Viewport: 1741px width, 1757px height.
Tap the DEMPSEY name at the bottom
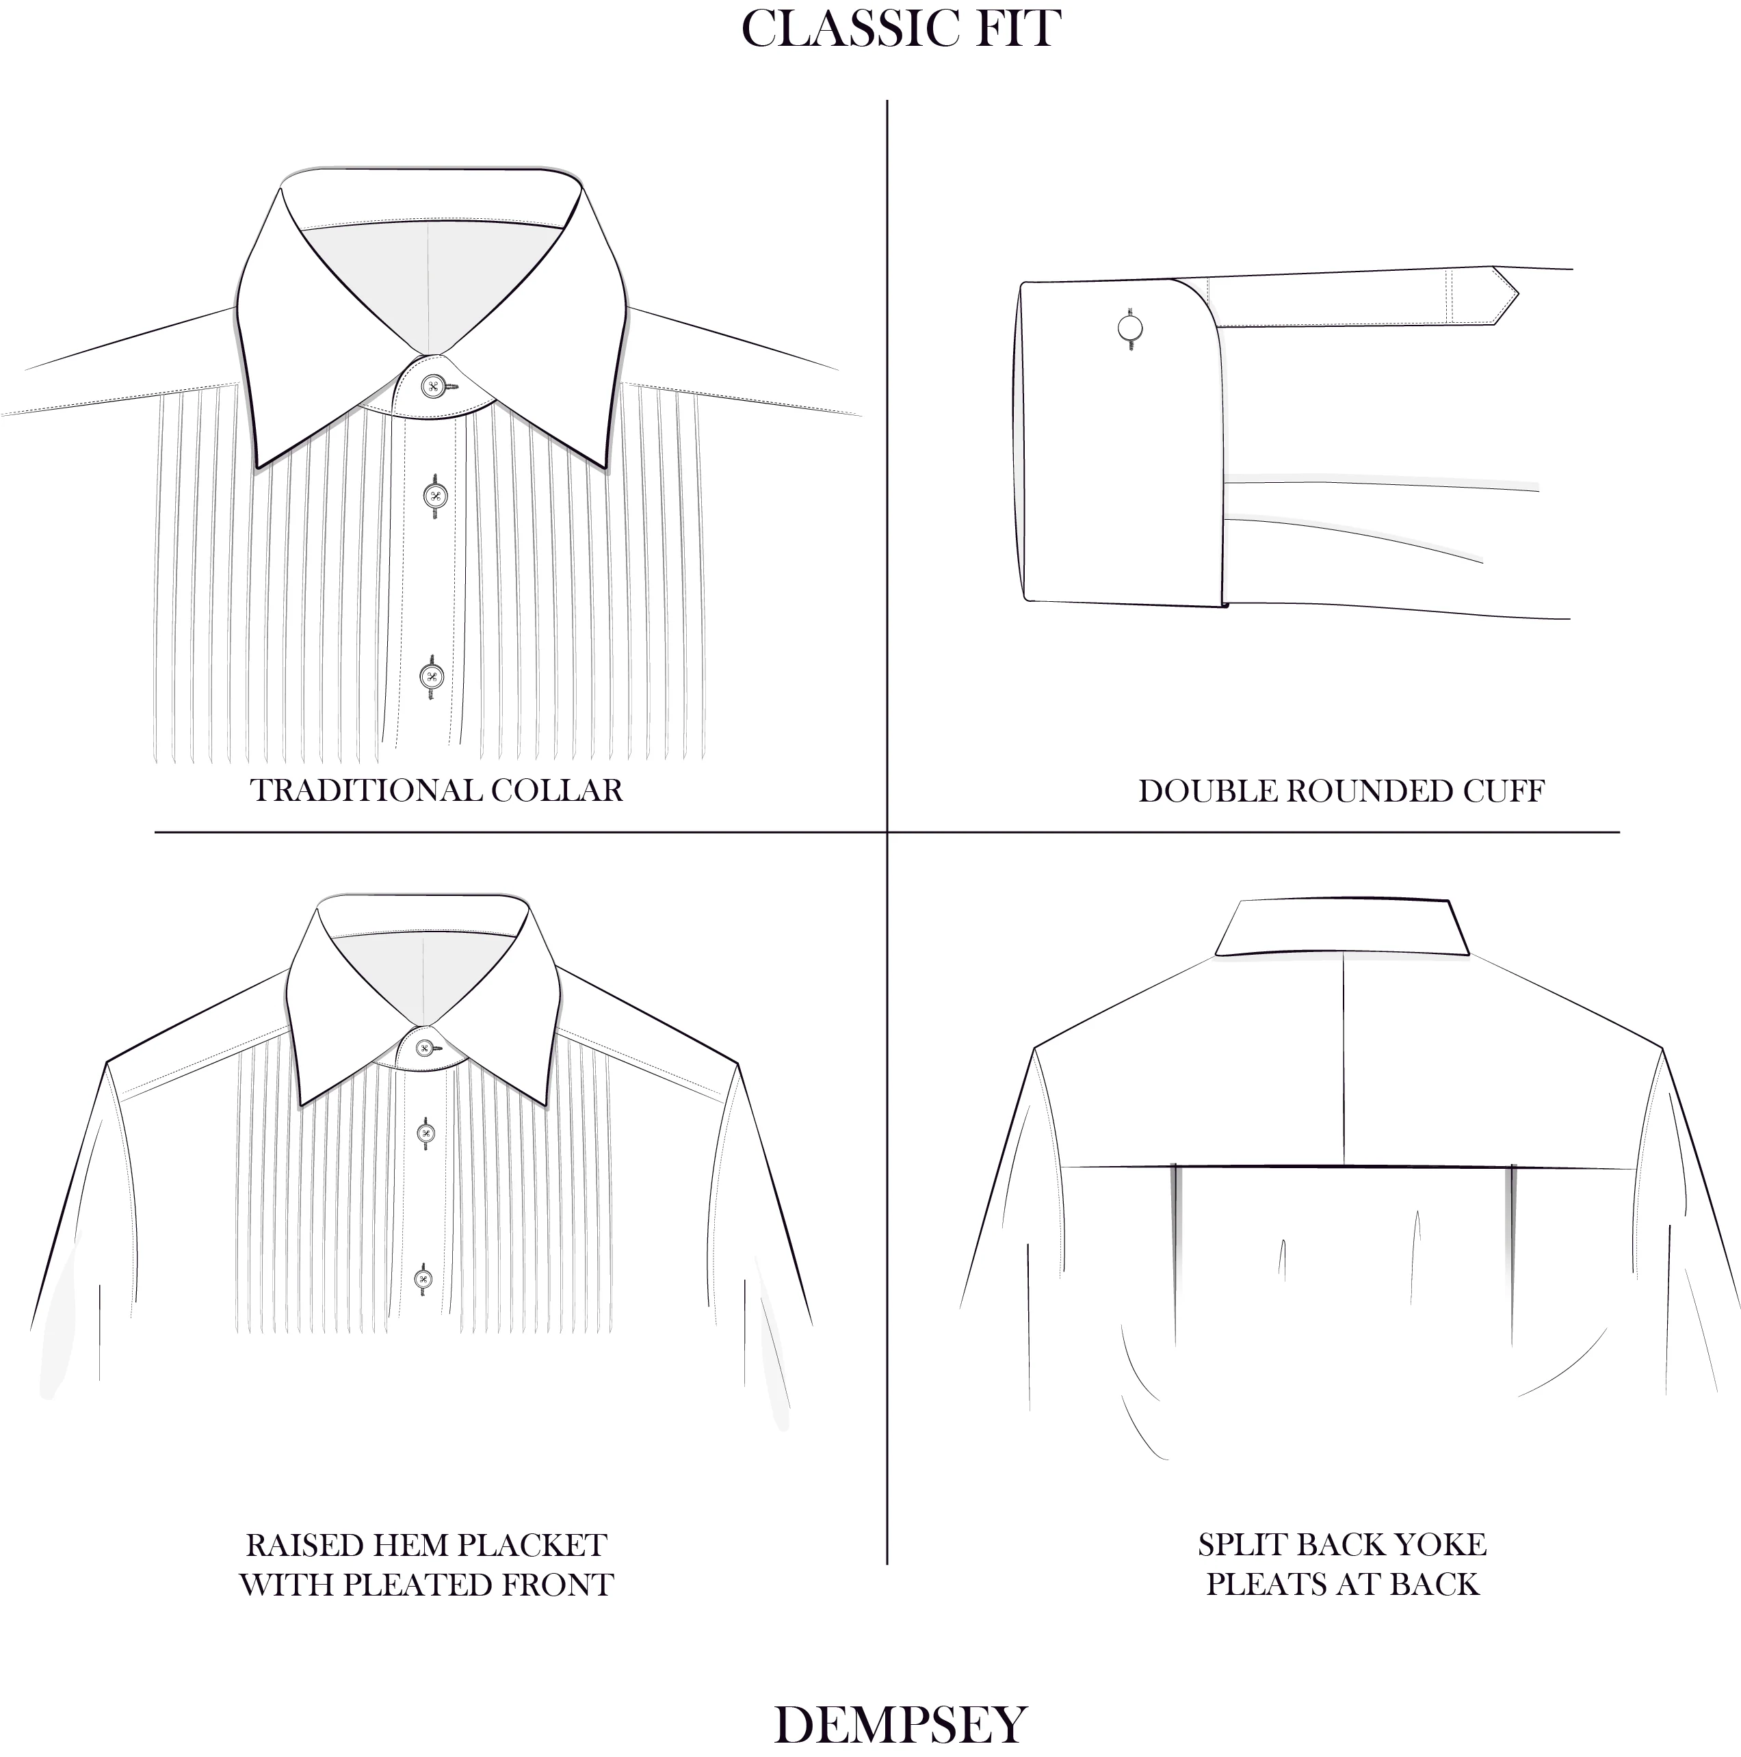click(x=900, y=1724)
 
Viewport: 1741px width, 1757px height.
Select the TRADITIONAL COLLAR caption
click(x=436, y=791)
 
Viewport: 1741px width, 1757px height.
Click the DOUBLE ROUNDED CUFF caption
click(x=1341, y=791)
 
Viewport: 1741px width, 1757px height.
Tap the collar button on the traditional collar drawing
click(x=432, y=386)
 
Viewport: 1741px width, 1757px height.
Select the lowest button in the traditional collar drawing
click(x=431, y=676)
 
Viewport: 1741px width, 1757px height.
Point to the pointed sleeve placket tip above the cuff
click(x=1517, y=295)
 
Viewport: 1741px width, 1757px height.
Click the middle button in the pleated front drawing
click(x=425, y=1133)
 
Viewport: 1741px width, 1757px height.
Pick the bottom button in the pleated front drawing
click(x=422, y=1280)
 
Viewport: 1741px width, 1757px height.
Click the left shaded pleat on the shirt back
click(x=1175, y=1253)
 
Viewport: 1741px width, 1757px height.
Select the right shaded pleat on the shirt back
click(x=1512, y=1253)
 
